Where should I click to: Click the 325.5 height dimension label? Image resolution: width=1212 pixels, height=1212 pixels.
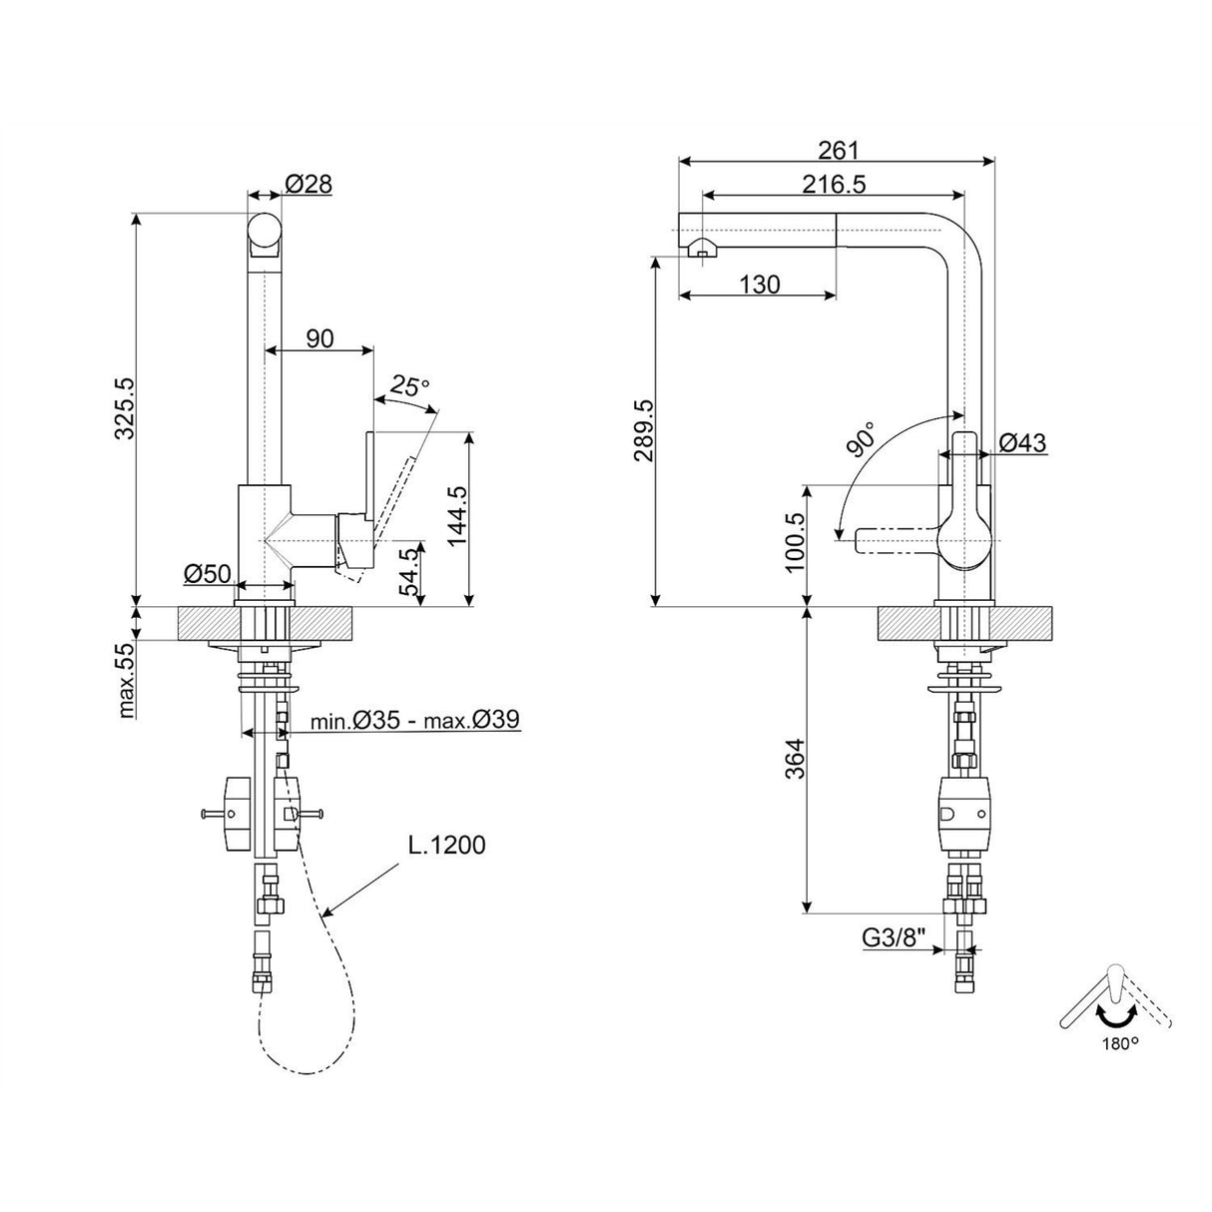coord(124,409)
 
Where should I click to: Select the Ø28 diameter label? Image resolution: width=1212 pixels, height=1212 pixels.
coord(307,184)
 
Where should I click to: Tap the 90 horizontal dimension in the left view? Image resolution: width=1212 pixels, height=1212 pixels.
coord(319,338)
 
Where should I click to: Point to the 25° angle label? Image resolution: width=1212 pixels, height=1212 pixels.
coord(409,384)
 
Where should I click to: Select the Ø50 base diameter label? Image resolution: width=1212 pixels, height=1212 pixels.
coord(208,573)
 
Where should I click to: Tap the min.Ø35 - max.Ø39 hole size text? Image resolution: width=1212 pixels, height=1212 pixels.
coord(414,720)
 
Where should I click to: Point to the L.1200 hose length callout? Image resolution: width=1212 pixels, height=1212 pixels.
coord(446,846)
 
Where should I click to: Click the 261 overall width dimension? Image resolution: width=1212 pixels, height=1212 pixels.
coord(839,150)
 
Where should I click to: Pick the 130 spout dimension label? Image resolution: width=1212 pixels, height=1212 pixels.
coord(760,285)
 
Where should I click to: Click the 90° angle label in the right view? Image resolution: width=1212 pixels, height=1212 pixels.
coord(862,439)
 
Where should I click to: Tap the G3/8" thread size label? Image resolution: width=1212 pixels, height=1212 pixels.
coord(895,937)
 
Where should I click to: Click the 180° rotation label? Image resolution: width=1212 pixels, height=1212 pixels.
coord(1120,1044)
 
